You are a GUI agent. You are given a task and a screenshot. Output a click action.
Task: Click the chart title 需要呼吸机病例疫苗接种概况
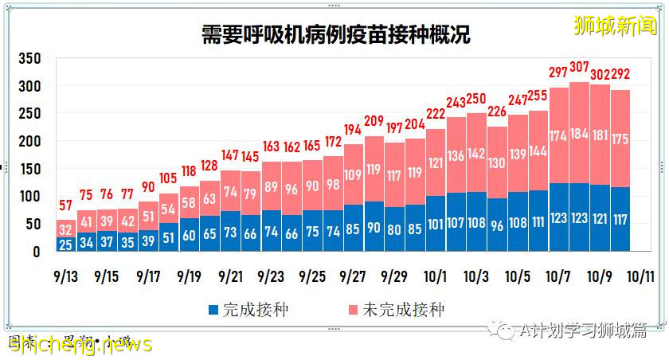[x=334, y=35]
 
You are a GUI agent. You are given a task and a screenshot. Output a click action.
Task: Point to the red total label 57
[x=66, y=206]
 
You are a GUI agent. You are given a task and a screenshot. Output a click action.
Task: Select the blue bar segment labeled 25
[x=66, y=244]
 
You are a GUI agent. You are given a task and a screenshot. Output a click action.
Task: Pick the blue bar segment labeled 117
[x=620, y=219]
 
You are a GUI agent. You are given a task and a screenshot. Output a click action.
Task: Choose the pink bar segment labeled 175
[x=620, y=139]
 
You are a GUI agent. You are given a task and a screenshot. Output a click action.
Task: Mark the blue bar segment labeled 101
[x=435, y=224]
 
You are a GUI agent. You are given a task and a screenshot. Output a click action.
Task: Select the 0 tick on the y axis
[x=36, y=252]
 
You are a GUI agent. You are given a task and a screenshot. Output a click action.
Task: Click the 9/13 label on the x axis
[x=66, y=276]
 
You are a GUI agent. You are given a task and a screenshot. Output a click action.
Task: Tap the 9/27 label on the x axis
[x=353, y=276]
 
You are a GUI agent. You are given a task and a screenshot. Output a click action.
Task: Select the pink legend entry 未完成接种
[x=407, y=309]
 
